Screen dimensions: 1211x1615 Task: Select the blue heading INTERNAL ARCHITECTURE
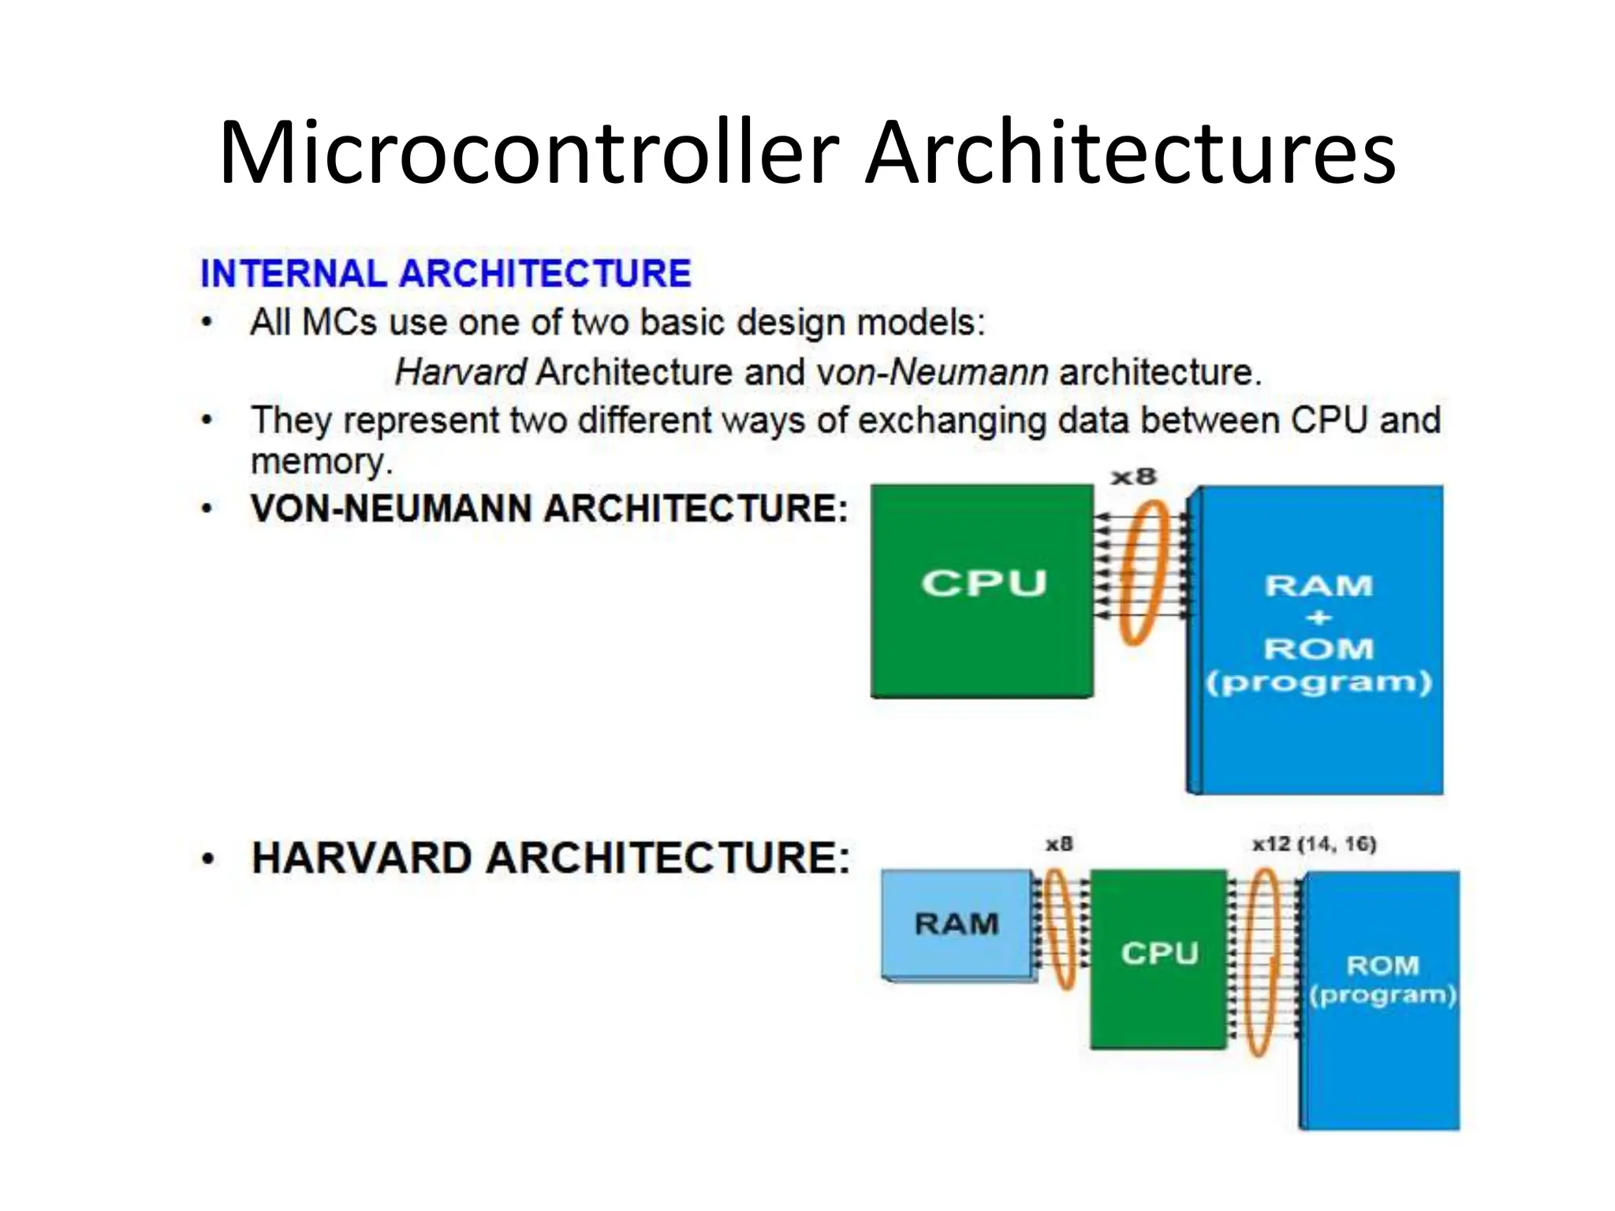click(x=446, y=274)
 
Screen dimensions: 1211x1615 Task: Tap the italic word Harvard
click(x=461, y=372)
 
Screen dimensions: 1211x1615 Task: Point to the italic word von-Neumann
click(x=932, y=372)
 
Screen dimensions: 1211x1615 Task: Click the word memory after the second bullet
click(x=321, y=462)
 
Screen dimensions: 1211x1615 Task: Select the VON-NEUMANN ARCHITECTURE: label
click(x=549, y=509)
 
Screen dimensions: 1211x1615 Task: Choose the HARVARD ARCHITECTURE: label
click(x=550, y=858)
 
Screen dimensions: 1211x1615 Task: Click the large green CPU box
click(x=982, y=591)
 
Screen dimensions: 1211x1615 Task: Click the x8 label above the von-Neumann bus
click(x=1133, y=477)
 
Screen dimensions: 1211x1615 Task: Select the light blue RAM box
click(x=957, y=924)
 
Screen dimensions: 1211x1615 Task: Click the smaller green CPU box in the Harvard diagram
click(x=1158, y=958)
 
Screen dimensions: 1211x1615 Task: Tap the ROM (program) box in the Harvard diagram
click(x=1382, y=1000)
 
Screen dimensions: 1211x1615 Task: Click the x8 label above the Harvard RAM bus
click(x=1059, y=844)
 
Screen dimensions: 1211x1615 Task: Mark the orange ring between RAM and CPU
click(x=1060, y=929)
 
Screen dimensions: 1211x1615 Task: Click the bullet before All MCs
click(x=207, y=322)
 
